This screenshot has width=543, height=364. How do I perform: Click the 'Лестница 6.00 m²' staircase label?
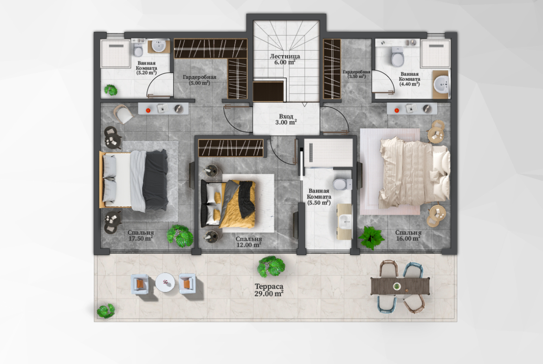pos(284,59)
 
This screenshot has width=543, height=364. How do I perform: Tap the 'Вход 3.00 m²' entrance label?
pos(286,119)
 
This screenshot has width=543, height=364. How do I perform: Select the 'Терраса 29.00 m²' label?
pos(269,290)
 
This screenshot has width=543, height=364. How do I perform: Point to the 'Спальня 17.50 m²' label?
pos(141,236)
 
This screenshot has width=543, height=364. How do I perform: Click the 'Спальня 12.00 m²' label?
pos(249,242)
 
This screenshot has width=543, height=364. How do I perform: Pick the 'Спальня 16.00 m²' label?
pos(408,236)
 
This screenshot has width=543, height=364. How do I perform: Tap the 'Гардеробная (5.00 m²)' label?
pos(200,80)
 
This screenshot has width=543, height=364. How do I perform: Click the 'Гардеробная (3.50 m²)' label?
pos(357,74)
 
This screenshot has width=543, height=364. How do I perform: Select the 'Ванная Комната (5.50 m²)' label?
pos(319,197)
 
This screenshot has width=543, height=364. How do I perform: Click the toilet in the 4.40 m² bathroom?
pos(398,57)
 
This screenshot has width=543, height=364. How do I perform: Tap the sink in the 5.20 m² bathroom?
pos(159,46)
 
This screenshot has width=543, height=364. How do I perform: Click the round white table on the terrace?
pos(164,283)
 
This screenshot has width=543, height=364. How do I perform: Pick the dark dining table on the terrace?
pos(401,286)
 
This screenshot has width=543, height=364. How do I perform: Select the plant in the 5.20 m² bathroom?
pos(111,90)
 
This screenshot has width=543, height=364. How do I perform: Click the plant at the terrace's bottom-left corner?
pos(106,311)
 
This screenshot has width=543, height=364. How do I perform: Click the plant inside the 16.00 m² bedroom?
pos(371,238)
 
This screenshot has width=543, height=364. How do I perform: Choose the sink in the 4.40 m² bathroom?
pos(441,84)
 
